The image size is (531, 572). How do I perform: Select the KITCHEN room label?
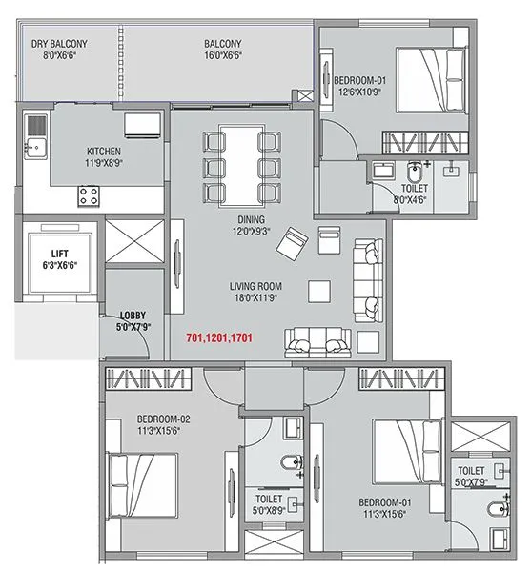(104, 157)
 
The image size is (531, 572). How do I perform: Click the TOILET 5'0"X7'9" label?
(472, 477)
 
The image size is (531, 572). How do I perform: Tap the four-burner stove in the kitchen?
(91, 195)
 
